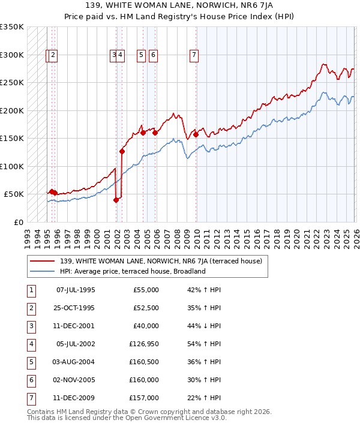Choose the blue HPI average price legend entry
tap(133, 271)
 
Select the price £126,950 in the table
tap(145, 344)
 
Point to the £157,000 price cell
tap(145, 398)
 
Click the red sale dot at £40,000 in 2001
tap(116, 200)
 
